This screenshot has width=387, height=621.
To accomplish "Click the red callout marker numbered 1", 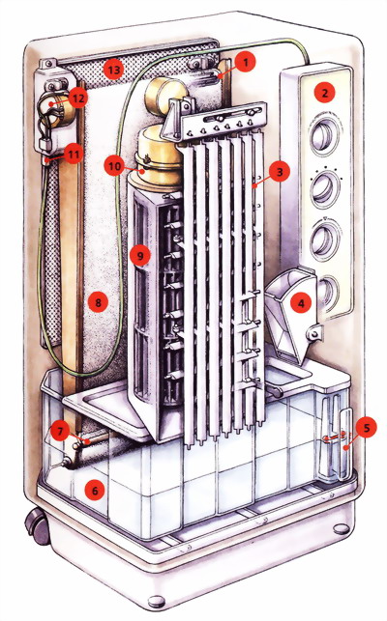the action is pyautogui.click(x=246, y=62).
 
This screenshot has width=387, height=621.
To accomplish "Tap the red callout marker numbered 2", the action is pyautogui.click(x=325, y=93).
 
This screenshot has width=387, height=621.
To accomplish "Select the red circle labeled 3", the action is pyautogui.click(x=280, y=172).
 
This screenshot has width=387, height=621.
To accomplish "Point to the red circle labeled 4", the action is pyautogui.click(x=301, y=303).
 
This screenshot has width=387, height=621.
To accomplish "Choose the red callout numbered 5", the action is pyautogui.click(x=367, y=427).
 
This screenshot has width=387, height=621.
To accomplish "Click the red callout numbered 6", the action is pyautogui.click(x=95, y=491).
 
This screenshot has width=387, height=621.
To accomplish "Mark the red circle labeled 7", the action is pyautogui.click(x=60, y=431).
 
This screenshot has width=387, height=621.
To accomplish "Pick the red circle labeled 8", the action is pyautogui.click(x=98, y=303).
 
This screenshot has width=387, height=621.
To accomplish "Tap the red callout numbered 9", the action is pyautogui.click(x=140, y=255).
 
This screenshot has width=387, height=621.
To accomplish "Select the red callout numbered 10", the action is pyautogui.click(x=114, y=166).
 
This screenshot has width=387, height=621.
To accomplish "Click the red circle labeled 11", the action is pyautogui.click(x=73, y=155).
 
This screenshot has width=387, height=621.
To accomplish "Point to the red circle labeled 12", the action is pyautogui.click(x=77, y=98).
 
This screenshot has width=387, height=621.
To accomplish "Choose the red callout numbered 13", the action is pyautogui.click(x=113, y=71).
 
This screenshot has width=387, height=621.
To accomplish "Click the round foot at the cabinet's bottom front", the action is pyautogui.click(x=156, y=602).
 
